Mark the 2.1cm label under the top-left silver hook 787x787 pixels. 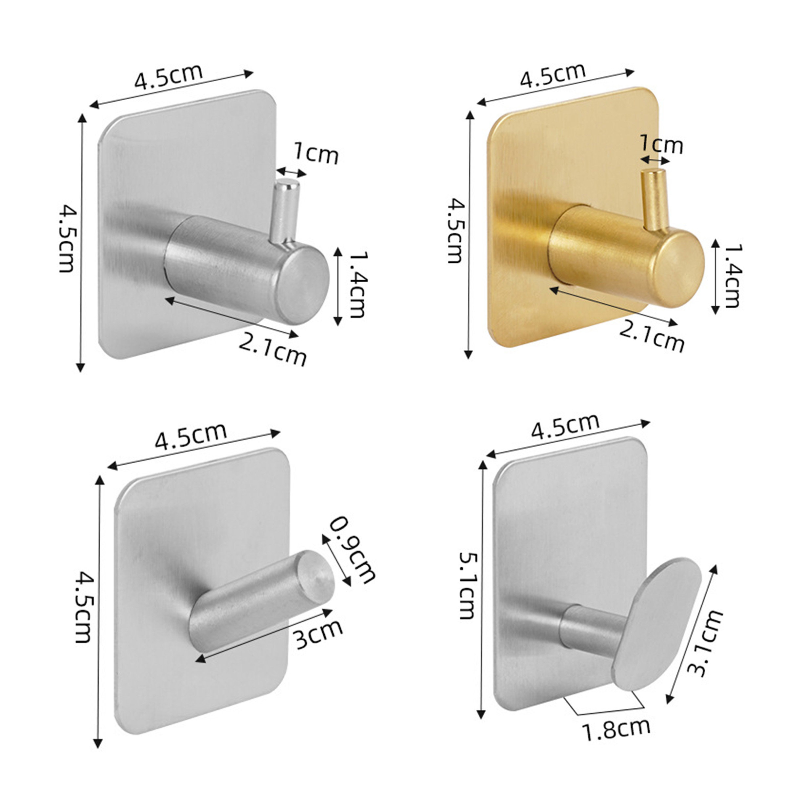pos(272,348)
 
